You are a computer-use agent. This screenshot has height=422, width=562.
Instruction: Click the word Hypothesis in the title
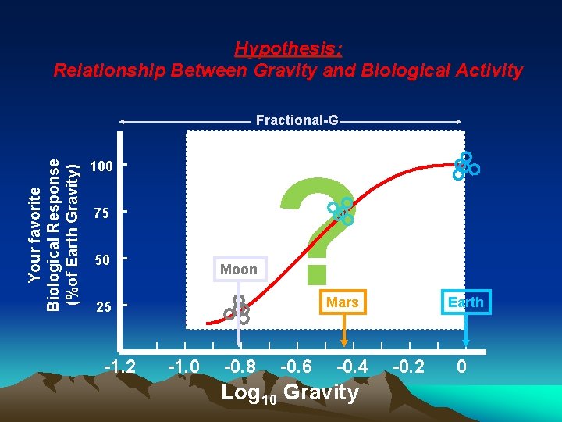point(288,49)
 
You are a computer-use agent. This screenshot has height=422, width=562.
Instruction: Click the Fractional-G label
point(297,120)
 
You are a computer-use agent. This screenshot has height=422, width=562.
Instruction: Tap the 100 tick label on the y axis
point(101,166)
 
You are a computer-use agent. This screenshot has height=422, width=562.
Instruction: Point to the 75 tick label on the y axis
point(101,213)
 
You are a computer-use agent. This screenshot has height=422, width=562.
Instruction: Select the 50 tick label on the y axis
point(101,259)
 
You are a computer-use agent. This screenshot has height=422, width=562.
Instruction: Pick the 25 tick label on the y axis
point(101,307)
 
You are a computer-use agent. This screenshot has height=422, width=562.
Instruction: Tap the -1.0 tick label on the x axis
point(183,367)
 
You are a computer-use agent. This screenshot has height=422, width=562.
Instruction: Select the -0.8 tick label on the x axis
point(239,367)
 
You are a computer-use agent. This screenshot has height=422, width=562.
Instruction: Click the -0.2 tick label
point(408,367)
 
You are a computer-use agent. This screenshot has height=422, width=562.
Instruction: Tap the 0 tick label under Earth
point(462,367)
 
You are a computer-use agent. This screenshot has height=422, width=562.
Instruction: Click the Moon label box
point(239,270)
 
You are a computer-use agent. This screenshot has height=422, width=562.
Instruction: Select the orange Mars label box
point(343,302)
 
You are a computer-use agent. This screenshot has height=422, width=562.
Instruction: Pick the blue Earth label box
point(466,302)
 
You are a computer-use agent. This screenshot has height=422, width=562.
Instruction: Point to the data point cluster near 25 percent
point(237,310)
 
